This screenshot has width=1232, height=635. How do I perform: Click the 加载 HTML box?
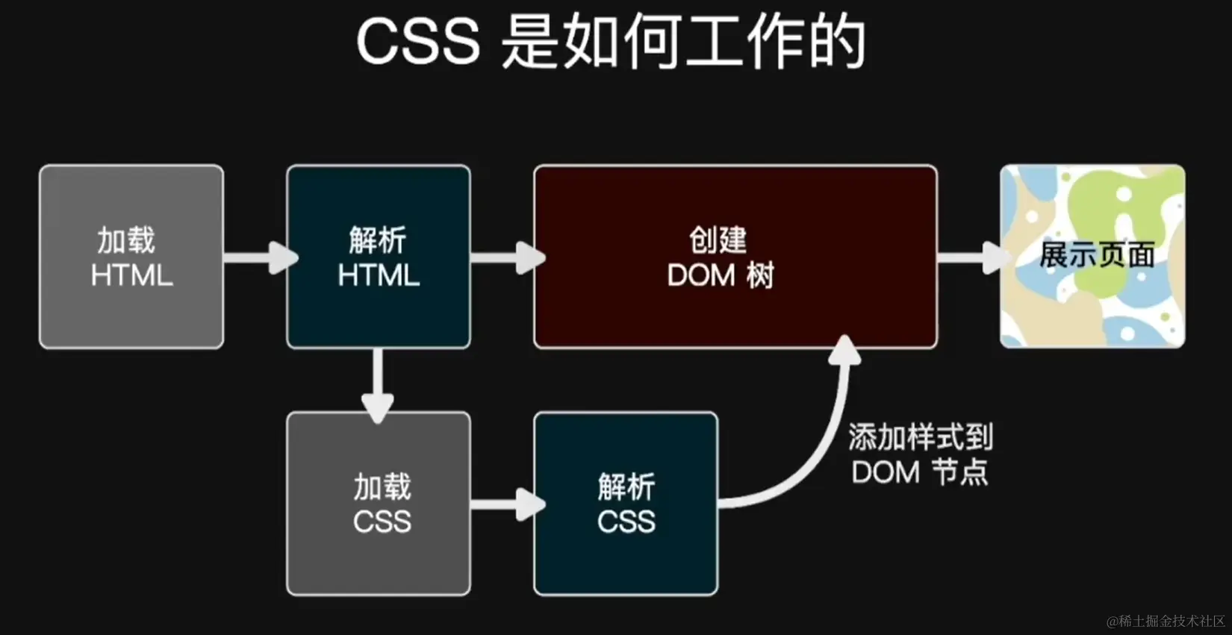point(131,257)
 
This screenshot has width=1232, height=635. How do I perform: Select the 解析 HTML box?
point(379,257)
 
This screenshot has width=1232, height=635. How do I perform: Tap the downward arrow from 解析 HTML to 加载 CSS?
point(378,384)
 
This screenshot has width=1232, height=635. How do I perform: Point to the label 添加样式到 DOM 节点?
point(920,454)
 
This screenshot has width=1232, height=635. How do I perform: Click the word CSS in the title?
point(418,42)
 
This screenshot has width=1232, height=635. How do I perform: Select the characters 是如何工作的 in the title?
point(683,42)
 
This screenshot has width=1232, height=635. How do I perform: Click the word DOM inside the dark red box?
point(701,275)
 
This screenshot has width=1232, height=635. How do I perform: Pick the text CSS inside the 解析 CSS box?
point(626,522)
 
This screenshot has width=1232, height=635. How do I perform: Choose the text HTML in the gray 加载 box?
point(131,275)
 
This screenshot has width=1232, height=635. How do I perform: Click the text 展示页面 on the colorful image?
point(1096,255)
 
